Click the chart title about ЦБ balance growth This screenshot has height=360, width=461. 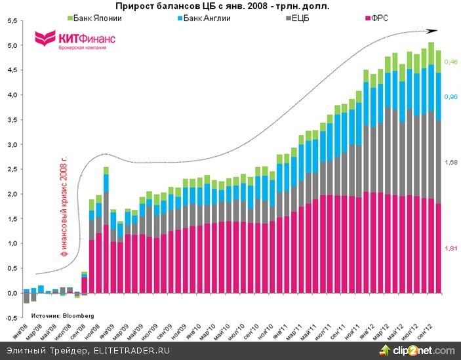coord(222,6)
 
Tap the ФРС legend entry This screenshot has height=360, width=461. coord(376,18)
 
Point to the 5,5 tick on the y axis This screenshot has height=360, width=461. coord(11,21)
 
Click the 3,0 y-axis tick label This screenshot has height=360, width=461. coord(11,145)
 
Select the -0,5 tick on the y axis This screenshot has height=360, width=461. coord(11,318)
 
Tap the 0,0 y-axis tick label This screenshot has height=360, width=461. coord(11,293)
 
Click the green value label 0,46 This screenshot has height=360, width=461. coord(451,62)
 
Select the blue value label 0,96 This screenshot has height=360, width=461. coord(451,97)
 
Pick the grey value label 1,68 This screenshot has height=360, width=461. coord(451,162)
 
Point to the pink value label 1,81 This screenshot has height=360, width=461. coord(451,248)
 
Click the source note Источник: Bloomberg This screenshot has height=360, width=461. coord(63,315)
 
